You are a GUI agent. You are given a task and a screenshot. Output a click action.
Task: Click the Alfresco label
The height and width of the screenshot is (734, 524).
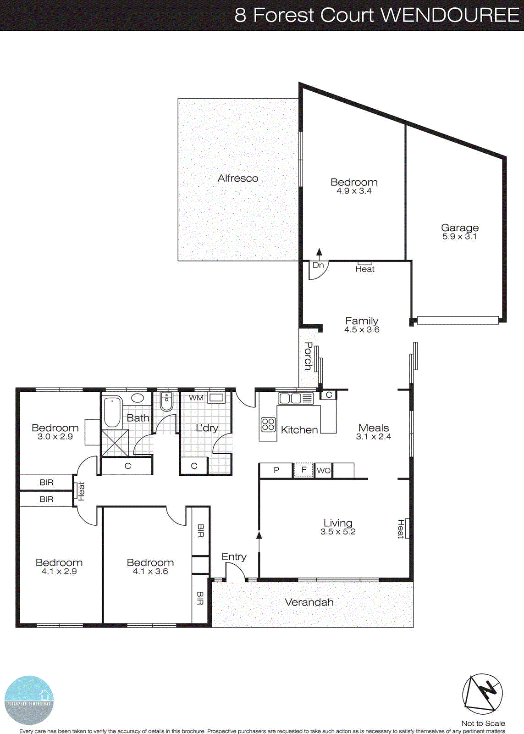(x=237, y=178)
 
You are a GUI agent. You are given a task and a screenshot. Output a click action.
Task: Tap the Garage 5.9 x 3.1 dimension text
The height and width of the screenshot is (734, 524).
(x=459, y=237)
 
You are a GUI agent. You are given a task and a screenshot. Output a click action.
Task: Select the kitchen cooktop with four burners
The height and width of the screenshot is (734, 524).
(x=268, y=425)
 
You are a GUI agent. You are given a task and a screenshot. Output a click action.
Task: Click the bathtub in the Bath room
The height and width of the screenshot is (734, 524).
(x=112, y=411)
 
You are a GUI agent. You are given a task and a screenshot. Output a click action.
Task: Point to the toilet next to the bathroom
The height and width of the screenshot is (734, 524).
(x=166, y=402)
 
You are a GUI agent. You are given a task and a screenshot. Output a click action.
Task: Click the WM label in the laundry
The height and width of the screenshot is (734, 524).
(x=196, y=398)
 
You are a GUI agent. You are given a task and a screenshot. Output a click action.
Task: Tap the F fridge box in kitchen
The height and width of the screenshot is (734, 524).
(x=303, y=470)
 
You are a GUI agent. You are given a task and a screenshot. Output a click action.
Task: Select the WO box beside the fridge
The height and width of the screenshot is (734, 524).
(x=323, y=471)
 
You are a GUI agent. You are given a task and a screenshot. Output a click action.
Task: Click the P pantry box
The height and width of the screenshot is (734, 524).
(x=276, y=470)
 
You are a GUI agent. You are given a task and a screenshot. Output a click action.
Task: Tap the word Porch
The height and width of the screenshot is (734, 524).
(x=309, y=356)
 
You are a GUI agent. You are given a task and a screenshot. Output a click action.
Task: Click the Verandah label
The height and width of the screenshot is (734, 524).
(x=309, y=602)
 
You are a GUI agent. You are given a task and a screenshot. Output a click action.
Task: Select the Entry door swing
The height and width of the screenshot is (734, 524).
(x=236, y=572)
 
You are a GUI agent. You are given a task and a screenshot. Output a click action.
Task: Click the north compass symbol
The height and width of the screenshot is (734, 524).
(x=482, y=694)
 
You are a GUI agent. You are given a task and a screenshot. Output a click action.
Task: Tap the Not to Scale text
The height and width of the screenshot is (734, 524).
(x=483, y=723)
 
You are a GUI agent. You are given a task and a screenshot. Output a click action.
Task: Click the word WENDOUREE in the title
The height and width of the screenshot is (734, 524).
(x=450, y=15)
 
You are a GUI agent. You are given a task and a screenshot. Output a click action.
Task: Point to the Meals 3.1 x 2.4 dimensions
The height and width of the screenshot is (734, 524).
(x=374, y=437)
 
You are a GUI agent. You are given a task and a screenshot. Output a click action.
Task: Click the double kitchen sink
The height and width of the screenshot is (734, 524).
(x=290, y=398)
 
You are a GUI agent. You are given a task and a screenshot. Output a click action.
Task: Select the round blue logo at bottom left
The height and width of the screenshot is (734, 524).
(x=29, y=700)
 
